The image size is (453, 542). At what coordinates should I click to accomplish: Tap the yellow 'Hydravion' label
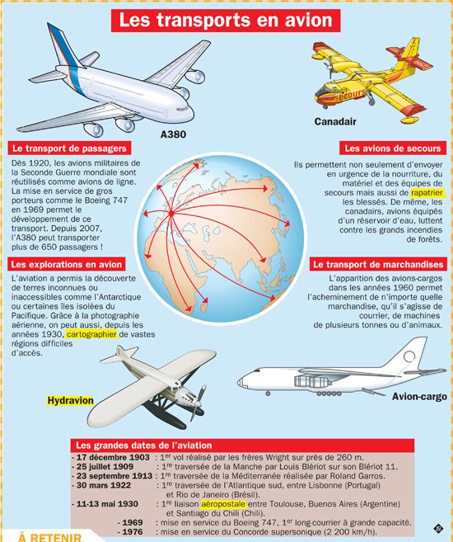tap(70, 400)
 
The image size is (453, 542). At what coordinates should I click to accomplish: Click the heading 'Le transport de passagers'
tap(69, 148)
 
